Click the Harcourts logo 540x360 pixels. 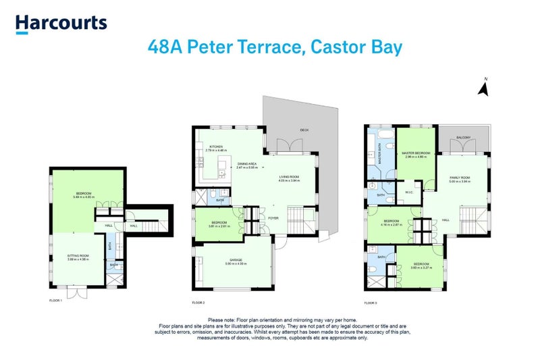point(61,24)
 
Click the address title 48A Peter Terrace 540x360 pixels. point(275,47)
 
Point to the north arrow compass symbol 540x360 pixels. point(483,88)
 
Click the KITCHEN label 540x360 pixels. point(217,147)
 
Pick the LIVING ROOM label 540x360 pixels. point(290,176)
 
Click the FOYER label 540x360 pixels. point(273,218)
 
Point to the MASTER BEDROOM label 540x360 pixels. point(416,153)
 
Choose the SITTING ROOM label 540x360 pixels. point(78,256)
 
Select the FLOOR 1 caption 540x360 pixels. point(55,300)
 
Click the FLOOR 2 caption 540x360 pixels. point(198,303)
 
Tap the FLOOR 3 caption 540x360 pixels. point(371,303)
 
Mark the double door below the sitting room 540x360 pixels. point(78,292)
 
